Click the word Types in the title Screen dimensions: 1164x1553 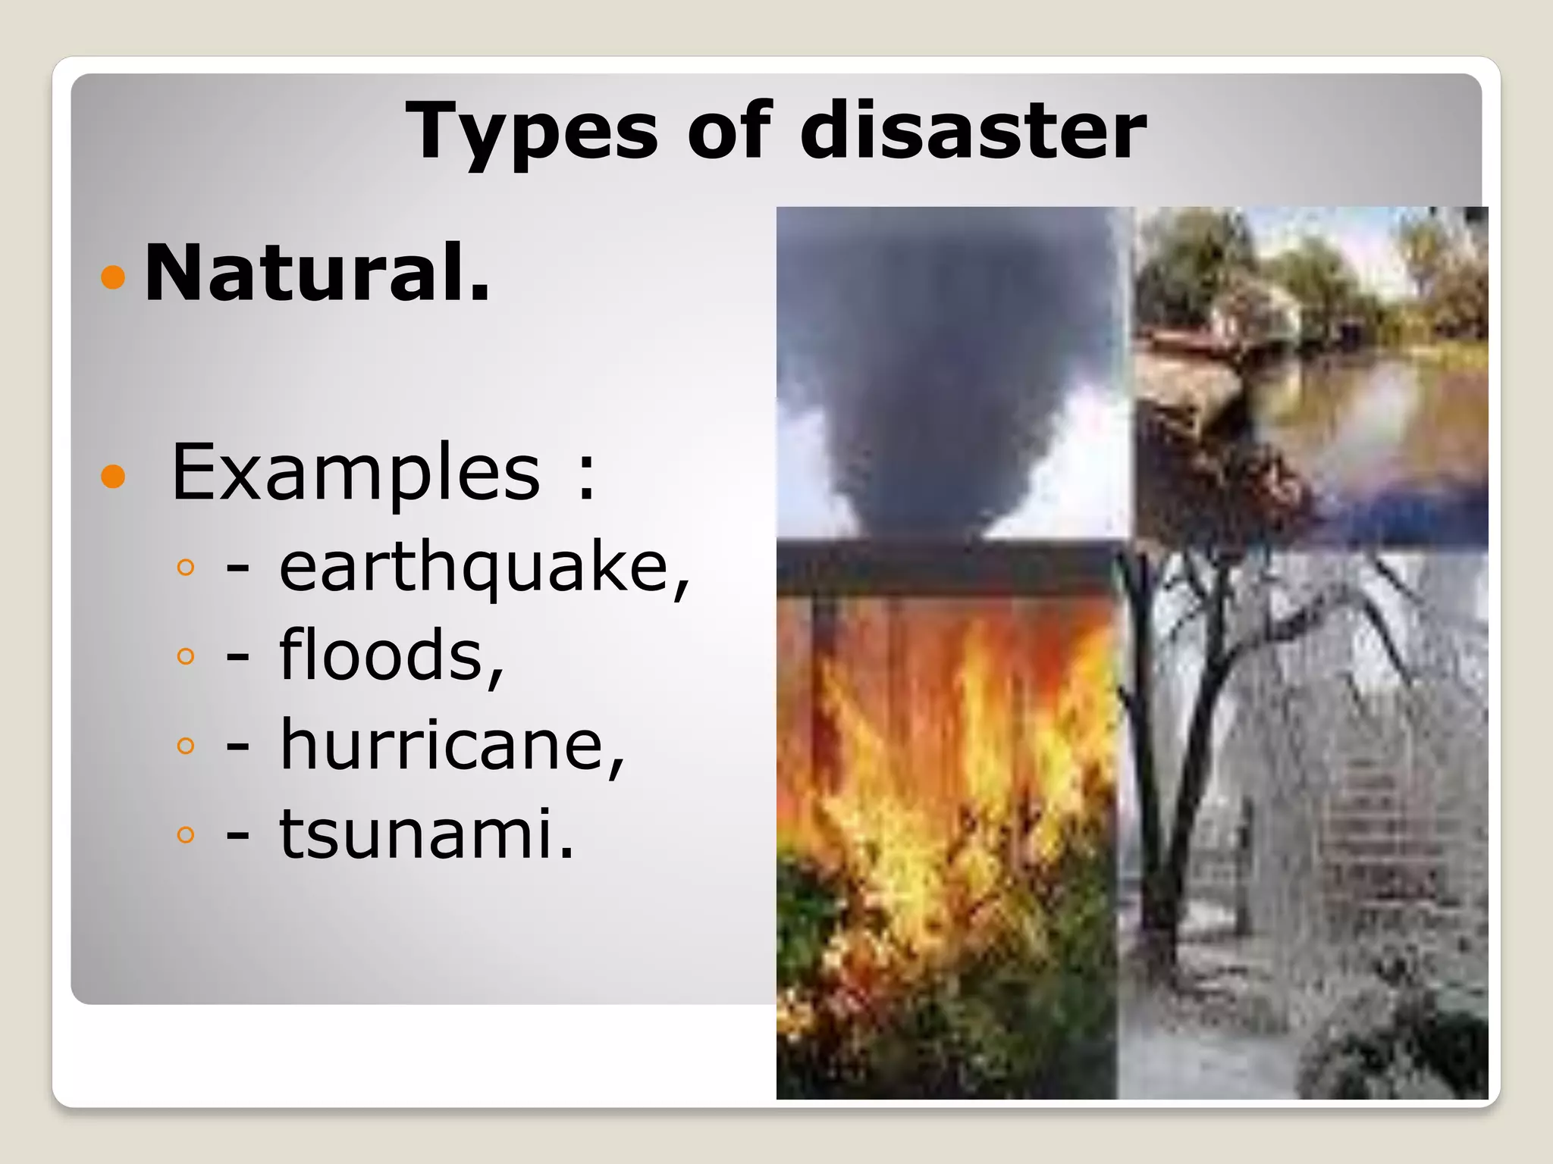pyautogui.click(x=531, y=132)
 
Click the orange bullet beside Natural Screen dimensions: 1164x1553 pyautogui.click(x=112, y=277)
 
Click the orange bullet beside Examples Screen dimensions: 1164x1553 pyautogui.click(x=112, y=476)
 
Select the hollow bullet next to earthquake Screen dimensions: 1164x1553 pyautogui.click(x=185, y=567)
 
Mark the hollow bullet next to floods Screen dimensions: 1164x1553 pyautogui.click(x=185, y=656)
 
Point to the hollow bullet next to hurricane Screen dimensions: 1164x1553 pyautogui.click(x=185, y=745)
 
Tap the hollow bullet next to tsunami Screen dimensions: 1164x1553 pyautogui.click(x=185, y=834)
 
